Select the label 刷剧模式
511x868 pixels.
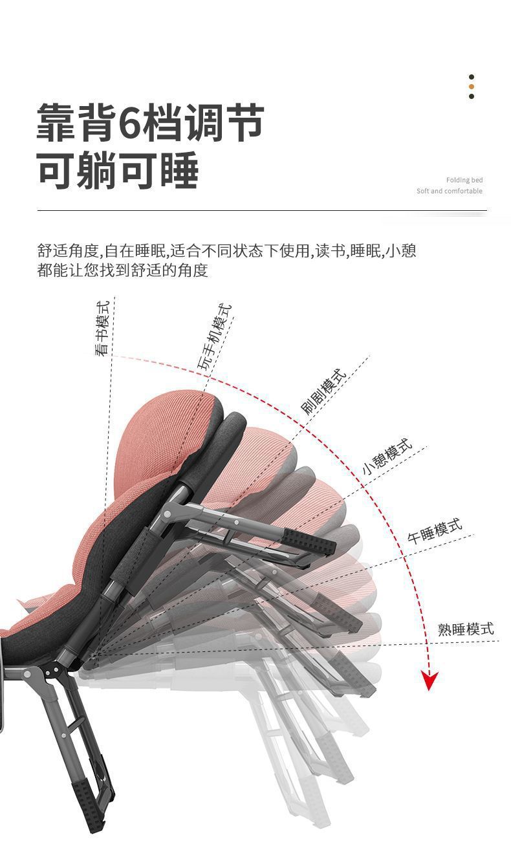pos(324,392)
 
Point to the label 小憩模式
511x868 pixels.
pos(387,457)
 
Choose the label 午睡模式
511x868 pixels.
pos(435,530)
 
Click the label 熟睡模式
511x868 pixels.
pos(465,628)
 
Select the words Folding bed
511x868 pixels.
pos(464,180)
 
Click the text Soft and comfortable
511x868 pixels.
pos(450,191)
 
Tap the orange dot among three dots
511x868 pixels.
pos(472,87)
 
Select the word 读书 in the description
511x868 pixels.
pos(330,251)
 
